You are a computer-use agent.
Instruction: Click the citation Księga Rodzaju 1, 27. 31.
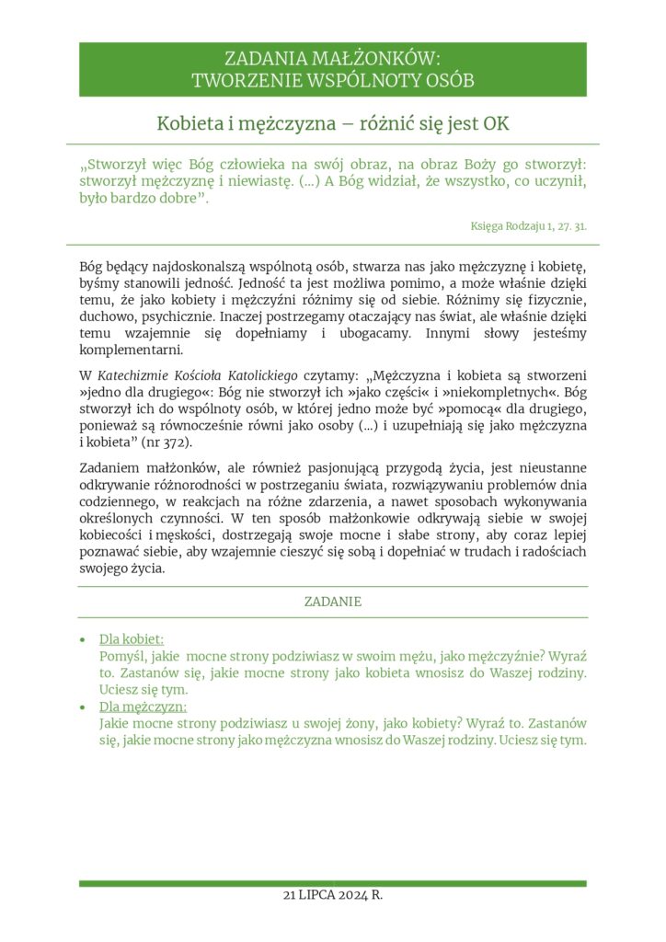point(529,225)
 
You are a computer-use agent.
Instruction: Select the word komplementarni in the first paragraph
point(132,350)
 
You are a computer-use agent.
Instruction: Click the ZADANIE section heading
point(333,602)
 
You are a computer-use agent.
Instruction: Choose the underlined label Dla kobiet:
point(132,639)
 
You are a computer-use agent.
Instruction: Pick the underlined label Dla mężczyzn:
point(143,706)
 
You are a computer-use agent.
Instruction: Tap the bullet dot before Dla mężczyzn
point(84,707)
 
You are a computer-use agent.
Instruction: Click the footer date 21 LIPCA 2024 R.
point(333,895)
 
